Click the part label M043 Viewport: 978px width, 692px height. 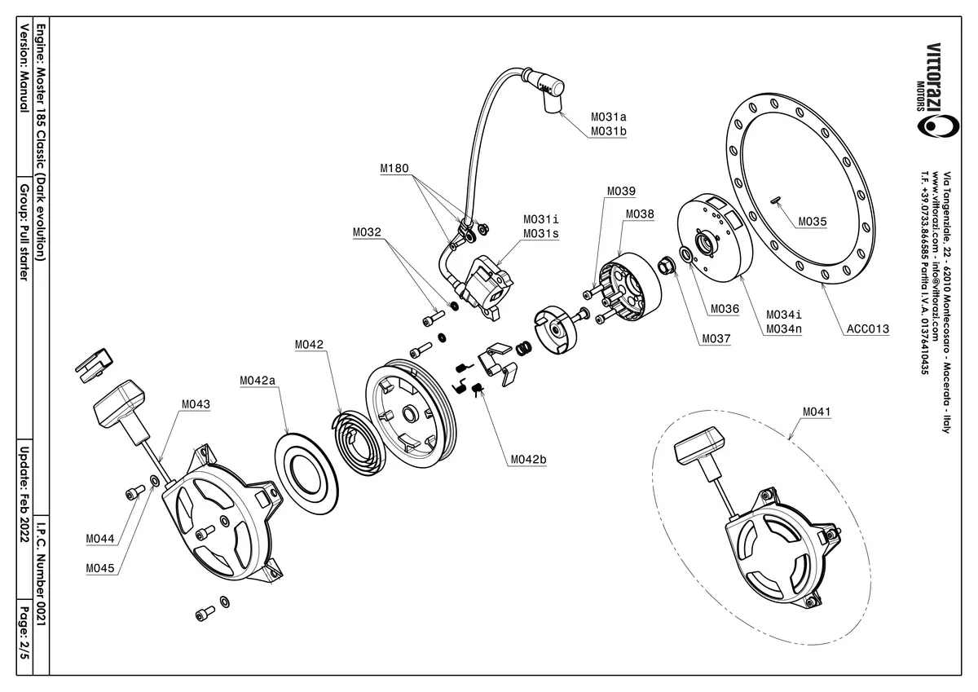click(x=196, y=404)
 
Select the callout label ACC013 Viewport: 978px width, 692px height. click(x=867, y=330)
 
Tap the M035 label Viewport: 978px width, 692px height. click(x=813, y=221)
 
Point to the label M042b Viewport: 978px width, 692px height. click(x=528, y=460)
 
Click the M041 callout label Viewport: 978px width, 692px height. click(x=817, y=412)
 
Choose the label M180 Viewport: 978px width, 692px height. click(x=394, y=170)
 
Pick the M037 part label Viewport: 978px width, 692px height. click(x=716, y=337)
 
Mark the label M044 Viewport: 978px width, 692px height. click(x=100, y=539)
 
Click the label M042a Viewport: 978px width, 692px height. click(x=258, y=381)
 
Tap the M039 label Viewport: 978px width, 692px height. click(x=621, y=192)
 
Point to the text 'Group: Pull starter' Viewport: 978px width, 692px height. click(x=24, y=232)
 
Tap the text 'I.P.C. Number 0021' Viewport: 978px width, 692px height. click(x=42, y=571)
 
